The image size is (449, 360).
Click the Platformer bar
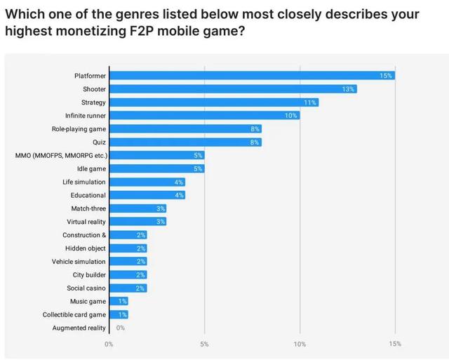tap(251, 76)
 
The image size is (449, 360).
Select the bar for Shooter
tap(232, 89)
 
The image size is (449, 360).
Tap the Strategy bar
tap(213, 102)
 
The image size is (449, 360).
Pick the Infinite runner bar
tap(203, 116)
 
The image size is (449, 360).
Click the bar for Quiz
tap(185, 142)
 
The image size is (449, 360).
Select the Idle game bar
tap(156, 168)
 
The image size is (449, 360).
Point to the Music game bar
tap(118, 301)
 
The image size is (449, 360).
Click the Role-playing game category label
tap(79, 129)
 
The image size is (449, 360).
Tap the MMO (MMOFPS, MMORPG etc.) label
tap(61, 155)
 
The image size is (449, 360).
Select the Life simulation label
tap(84, 182)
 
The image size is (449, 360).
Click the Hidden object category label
tap(86, 248)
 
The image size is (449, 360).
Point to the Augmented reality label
tap(79, 328)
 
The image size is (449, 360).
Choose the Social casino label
tap(86, 288)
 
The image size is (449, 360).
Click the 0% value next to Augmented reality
tap(121, 328)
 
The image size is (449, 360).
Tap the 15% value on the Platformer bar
tap(385, 76)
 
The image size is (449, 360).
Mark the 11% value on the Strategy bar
tap(309, 102)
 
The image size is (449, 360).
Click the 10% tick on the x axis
tap(300, 344)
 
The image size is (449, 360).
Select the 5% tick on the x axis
tap(204, 344)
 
